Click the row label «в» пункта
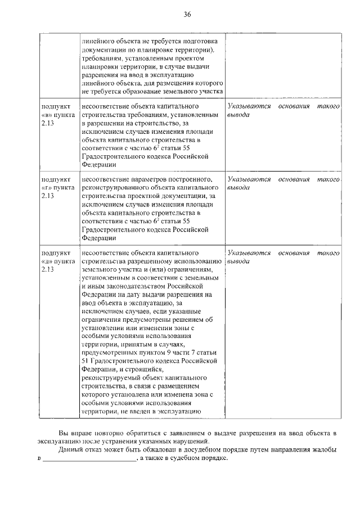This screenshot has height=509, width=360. click(x=57, y=114)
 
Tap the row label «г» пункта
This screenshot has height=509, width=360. click(x=57, y=187)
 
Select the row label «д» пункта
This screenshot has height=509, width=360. click(x=57, y=261)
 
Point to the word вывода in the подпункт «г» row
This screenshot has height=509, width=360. click(x=238, y=187)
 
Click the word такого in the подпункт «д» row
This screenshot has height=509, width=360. click(x=328, y=253)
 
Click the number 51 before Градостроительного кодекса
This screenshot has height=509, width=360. click(x=85, y=361)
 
